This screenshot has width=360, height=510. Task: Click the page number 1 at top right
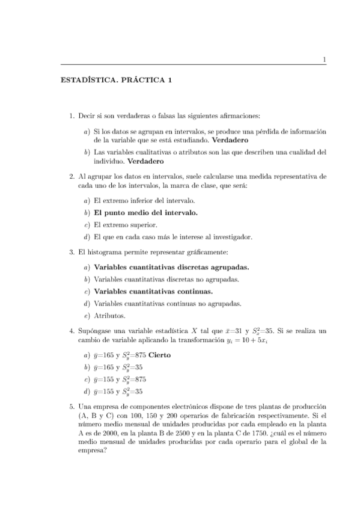click(324, 59)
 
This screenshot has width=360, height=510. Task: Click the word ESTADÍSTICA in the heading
click(88, 81)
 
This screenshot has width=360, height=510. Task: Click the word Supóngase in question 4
click(93, 330)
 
